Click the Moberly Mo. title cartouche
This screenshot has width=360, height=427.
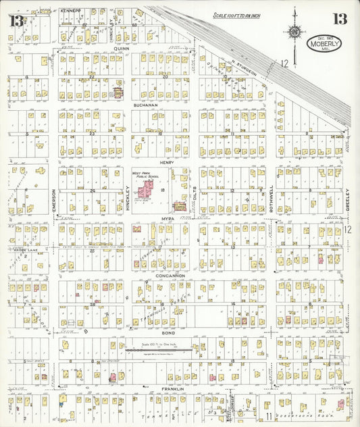324,44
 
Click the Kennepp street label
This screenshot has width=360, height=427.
70,11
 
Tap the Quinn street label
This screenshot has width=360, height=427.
121,49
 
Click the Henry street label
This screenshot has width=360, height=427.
166,162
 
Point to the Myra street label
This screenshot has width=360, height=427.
168,220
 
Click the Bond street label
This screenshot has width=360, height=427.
169,333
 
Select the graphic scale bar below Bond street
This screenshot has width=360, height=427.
162,350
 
